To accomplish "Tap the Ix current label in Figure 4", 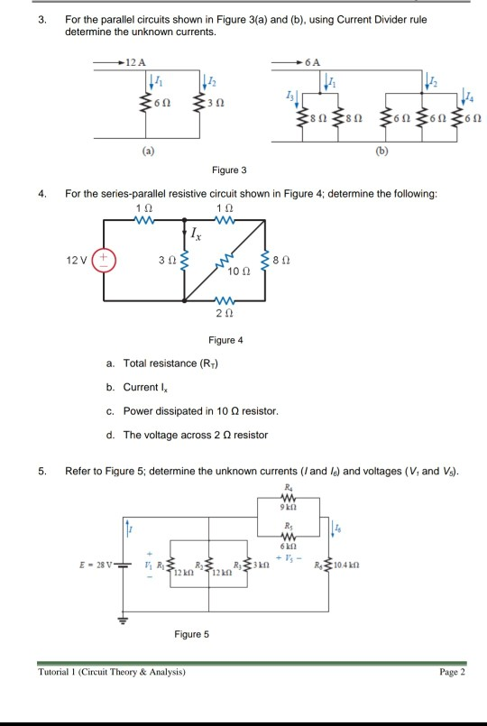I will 195,235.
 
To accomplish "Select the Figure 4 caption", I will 225,340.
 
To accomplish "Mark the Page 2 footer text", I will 450,672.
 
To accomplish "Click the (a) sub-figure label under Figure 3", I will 145,152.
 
